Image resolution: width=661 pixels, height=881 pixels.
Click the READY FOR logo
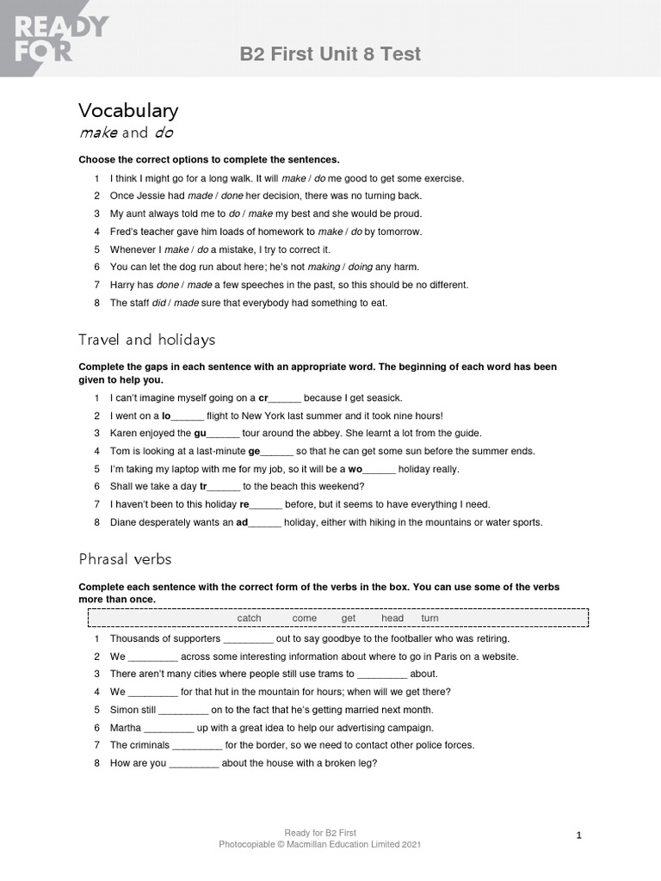pos(53,38)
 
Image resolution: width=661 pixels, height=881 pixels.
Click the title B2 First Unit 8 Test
pos(330,54)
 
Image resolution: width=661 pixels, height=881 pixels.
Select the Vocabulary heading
pos(128,110)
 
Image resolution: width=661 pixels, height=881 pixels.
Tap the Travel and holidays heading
pos(146,340)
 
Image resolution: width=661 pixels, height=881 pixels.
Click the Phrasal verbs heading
pos(125,559)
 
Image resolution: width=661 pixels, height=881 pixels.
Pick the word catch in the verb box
pos(249,618)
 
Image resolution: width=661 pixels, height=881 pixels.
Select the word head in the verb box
pos(392,618)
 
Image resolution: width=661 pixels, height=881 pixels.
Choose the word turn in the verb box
pos(429,618)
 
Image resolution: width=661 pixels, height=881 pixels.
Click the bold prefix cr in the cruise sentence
pos(263,397)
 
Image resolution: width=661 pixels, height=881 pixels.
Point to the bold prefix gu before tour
pos(200,433)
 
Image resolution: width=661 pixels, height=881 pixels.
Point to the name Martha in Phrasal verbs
pos(126,727)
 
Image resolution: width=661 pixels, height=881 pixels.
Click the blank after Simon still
pos(183,710)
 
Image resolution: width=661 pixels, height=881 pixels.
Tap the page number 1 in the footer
pos(579,835)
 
